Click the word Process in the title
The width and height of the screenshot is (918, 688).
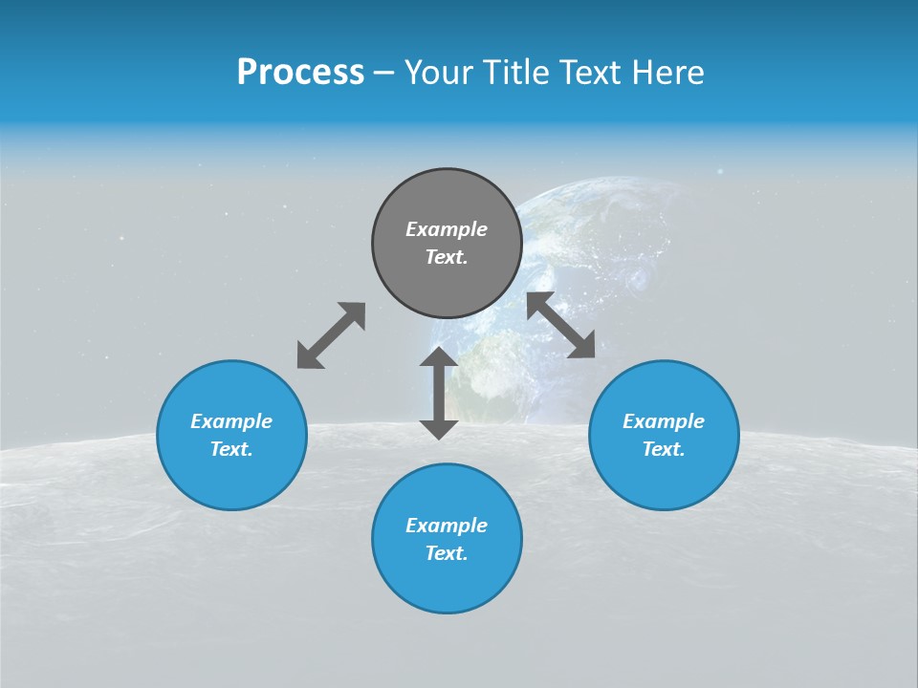[300, 73]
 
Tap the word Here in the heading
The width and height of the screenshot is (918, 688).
[668, 73]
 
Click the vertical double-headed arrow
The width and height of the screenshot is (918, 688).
[439, 393]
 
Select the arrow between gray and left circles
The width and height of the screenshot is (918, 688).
[331, 335]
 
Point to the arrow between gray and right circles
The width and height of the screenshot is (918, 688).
[560, 325]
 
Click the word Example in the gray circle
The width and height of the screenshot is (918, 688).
[447, 229]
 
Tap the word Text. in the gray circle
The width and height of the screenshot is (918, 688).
[447, 257]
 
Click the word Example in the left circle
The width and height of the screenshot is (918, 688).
[231, 421]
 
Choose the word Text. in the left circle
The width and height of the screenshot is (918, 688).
[231, 449]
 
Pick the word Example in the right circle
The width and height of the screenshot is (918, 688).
[664, 421]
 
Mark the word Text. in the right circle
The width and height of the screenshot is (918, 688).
[664, 449]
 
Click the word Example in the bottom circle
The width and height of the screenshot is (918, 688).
[447, 526]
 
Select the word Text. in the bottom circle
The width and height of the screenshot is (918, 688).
[447, 553]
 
